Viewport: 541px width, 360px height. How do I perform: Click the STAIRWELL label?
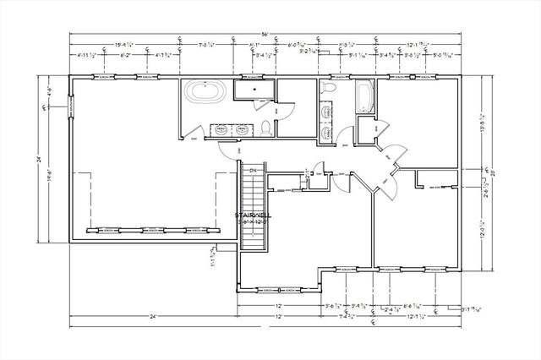[x=251, y=216]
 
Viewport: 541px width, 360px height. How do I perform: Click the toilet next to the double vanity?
[x=266, y=128]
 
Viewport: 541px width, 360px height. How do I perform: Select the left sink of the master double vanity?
[x=220, y=130]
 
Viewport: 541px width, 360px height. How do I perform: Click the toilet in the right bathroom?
[x=331, y=88]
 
